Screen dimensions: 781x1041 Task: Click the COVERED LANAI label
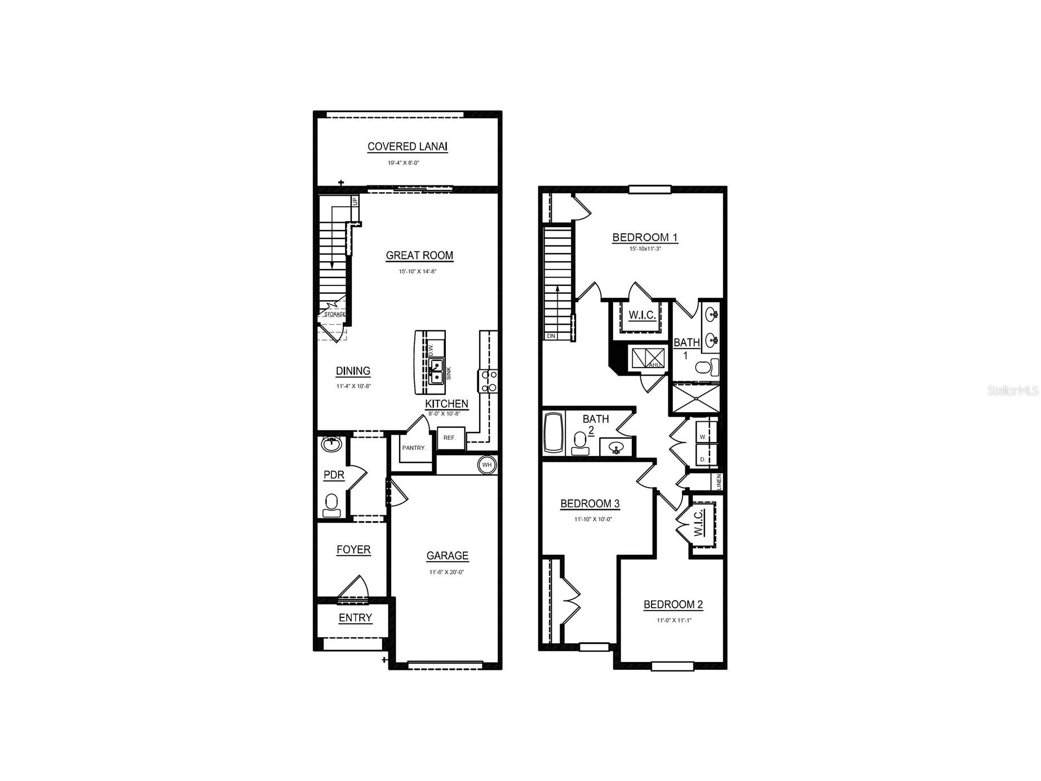tap(407, 147)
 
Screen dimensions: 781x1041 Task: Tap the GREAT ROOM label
tap(419, 255)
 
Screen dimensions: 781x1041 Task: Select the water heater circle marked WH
tap(487, 465)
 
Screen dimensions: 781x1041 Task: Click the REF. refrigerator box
tap(450, 438)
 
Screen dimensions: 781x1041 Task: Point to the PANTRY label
tap(414, 448)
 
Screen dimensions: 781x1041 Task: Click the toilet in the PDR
tap(331, 504)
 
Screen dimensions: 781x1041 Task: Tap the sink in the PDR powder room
tap(332, 444)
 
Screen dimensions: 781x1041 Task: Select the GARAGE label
tap(447, 556)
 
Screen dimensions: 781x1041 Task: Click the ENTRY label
tap(355, 618)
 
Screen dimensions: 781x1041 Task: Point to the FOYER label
tap(353, 550)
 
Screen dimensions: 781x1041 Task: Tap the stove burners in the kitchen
tap(488, 381)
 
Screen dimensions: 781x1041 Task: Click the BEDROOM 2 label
tap(673, 605)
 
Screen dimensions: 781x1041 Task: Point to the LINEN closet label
tap(719, 482)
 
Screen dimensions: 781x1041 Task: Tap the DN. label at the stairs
tap(551, 336)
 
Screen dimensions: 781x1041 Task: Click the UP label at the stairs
tap(355, 201)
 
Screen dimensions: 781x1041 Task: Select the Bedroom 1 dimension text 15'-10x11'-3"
tap(645, 249)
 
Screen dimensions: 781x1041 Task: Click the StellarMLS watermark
tap(1013, 390)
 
